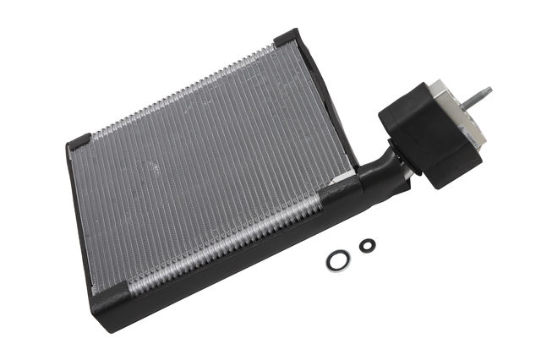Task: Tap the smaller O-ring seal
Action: (367, 246)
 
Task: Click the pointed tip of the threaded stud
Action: (489, 89)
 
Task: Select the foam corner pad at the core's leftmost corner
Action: (79, 142)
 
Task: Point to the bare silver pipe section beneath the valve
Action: (409, 173)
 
